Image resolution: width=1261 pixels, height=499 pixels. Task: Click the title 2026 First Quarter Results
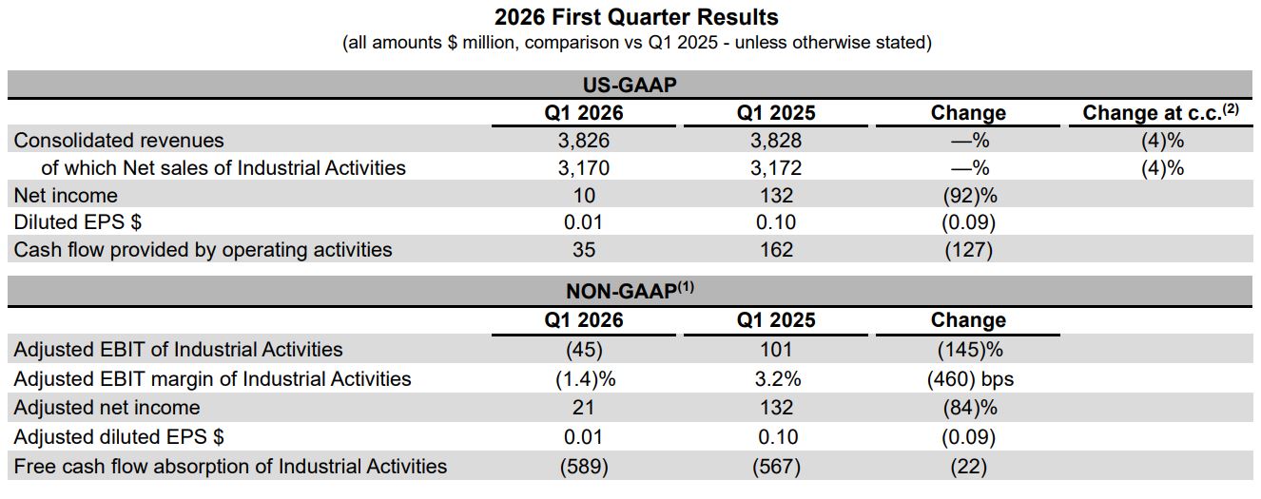pos(636,17)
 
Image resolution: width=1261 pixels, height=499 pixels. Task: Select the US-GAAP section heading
pos(630,85)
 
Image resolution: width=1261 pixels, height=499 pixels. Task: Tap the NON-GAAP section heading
pos(630,290)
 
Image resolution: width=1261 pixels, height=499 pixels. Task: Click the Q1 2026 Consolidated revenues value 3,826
pos(584,140)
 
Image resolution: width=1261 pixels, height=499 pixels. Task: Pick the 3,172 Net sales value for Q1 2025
pos(776,167)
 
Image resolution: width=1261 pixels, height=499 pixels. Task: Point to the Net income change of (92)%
pos(969,195)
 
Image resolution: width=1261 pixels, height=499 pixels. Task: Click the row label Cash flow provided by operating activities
pos(203,250)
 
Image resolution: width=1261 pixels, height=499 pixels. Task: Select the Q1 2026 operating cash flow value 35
pos(584,250)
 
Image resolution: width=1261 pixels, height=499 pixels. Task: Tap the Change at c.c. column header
pos(1160,112)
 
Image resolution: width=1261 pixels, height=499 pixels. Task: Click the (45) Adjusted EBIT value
pos(584,350)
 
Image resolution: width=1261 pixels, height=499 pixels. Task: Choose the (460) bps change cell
pos(970,378)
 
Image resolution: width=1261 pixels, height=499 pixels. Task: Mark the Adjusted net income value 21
pos(583,408)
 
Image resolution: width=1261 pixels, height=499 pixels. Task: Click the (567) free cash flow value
pos(776,467)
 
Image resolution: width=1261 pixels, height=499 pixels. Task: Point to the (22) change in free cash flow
pos(969,467)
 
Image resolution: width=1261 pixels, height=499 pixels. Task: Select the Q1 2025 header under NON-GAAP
pos(776,319)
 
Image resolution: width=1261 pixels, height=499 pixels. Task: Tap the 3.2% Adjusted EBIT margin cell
pos(778,378)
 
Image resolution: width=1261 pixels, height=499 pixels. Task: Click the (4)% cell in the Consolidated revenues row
pos(1162,140)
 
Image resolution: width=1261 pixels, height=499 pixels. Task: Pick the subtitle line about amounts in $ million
pos(637,43)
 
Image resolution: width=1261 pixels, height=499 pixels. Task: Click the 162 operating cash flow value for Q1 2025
pos(776,250)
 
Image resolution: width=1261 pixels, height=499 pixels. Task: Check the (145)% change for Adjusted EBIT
pos(970,350)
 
